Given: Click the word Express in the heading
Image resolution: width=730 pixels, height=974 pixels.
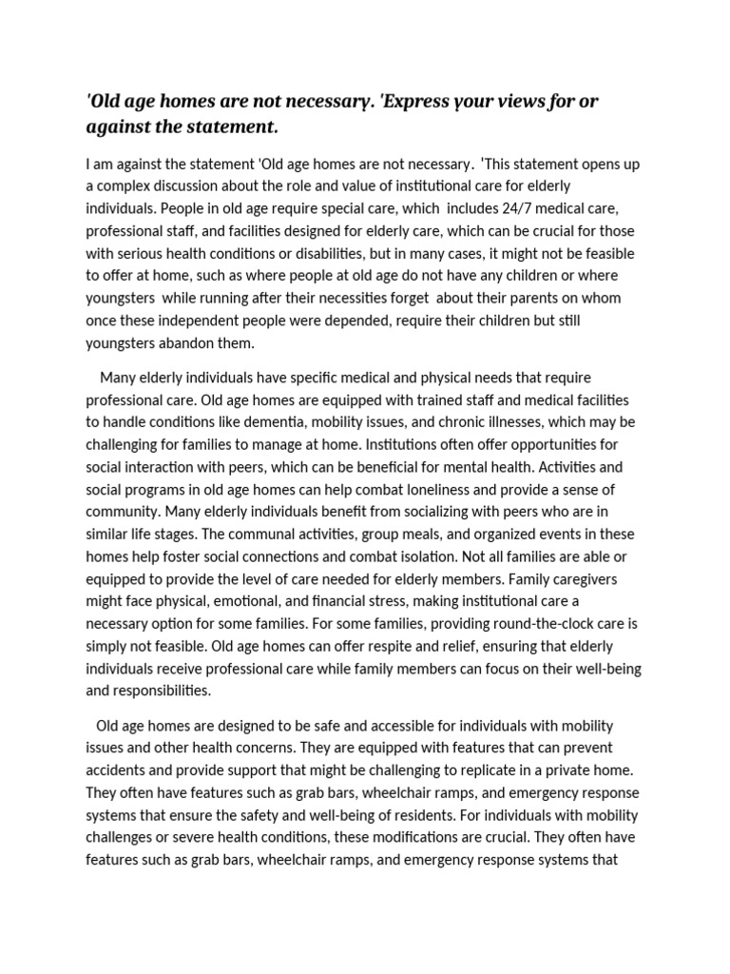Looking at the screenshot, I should click(x=418, y=102).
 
